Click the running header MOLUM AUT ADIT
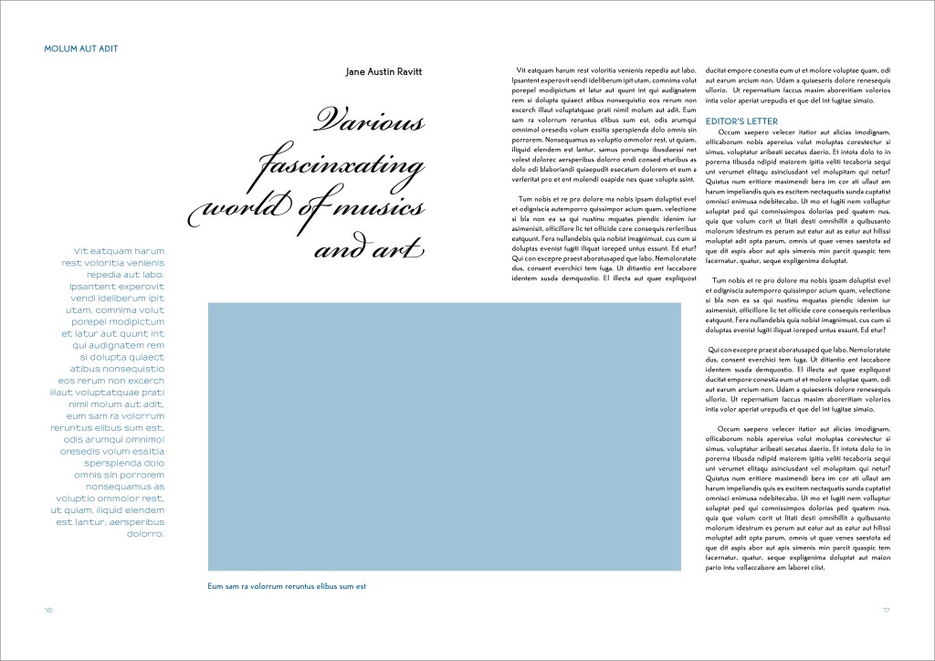point(81,48)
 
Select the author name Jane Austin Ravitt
point(385,71)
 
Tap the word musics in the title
point(384,208)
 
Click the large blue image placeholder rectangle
point(444,437)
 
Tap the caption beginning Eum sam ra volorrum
point(287,586)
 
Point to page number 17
point(885,610)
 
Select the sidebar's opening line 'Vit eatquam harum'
point(118,250)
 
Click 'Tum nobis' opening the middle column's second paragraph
point(536,199)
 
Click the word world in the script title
point(247,208)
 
